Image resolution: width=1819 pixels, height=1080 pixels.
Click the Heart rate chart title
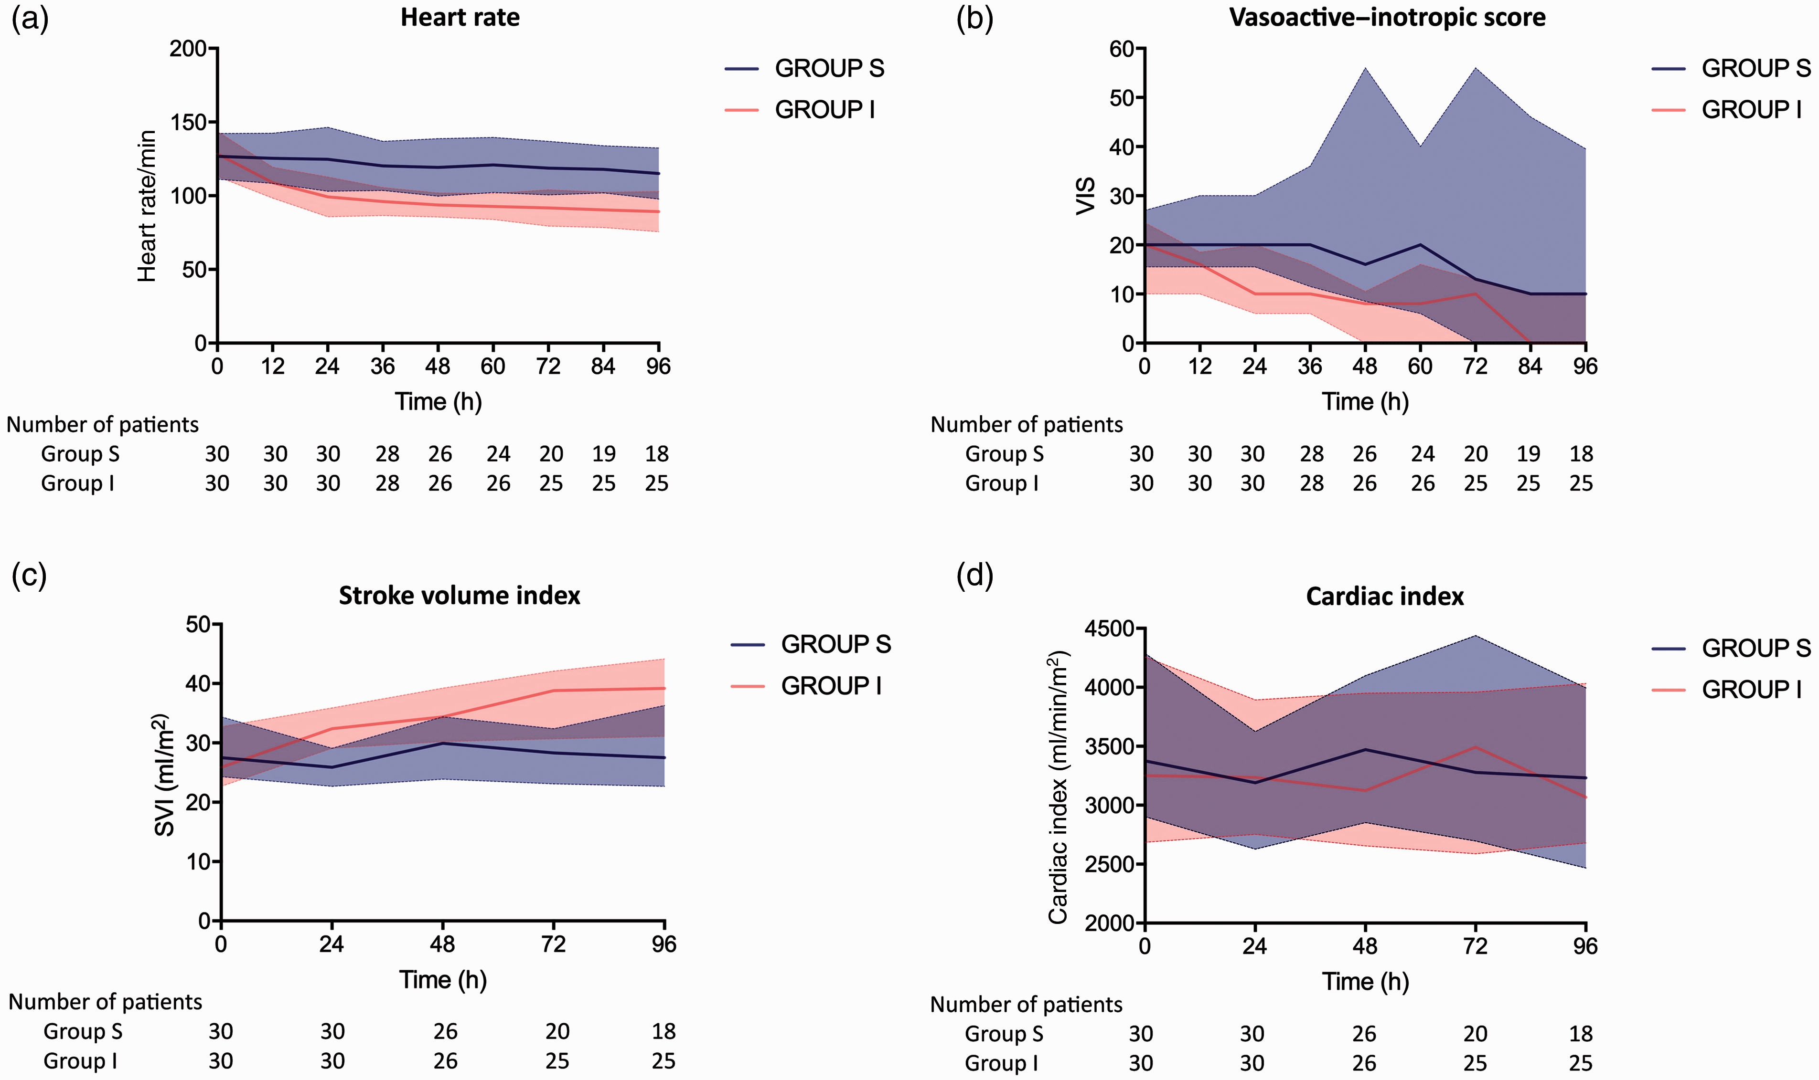click(460, 18)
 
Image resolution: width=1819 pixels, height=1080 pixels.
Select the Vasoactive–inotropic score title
click(1387, 18)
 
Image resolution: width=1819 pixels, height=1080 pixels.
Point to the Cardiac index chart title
click(1384, 596)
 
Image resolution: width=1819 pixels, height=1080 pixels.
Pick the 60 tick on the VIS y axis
click(1122, 49)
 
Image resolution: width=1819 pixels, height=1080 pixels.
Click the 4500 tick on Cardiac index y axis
click(1110, 628)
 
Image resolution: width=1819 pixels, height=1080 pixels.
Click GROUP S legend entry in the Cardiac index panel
click(1731, 648)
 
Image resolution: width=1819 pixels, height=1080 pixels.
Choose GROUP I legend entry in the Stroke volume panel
click(806, 685)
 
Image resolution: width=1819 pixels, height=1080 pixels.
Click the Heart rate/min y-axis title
click(147, 206)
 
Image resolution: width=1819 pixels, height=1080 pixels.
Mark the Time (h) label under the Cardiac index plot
click(1365, 981)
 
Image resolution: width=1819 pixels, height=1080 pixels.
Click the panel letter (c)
click(29, 575)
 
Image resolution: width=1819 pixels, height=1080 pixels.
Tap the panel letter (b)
click(974, 19)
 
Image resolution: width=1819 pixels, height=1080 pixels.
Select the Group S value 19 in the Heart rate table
click(604, 454)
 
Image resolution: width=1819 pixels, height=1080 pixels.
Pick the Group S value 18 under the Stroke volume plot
click(663, 1031)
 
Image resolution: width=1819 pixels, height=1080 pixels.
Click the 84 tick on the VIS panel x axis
click(1530, 366)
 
